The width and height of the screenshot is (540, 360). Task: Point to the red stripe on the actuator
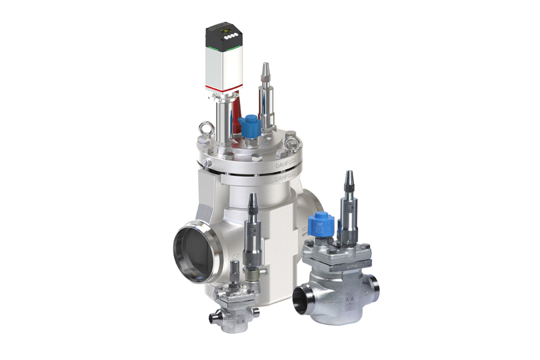coord(224,86)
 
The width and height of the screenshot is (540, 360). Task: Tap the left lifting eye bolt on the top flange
coord(203,127)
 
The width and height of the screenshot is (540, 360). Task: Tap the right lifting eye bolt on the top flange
coord(293,139)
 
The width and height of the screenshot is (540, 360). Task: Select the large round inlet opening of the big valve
coord(193,255)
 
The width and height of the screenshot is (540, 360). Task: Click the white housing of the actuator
coord(224,66)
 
